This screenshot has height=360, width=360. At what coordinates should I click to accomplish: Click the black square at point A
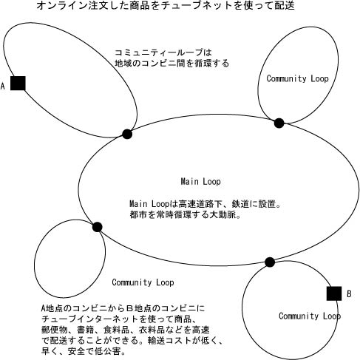coord(18,84)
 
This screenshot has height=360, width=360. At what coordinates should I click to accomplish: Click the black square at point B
coord(334,293)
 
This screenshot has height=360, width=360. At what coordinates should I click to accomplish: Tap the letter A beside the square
coord(3,86)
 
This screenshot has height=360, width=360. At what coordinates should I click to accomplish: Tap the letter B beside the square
coord(349,293)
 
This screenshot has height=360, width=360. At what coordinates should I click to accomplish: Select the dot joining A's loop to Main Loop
coord(127,134)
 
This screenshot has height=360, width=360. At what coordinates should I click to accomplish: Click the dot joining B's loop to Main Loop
coord(270,262)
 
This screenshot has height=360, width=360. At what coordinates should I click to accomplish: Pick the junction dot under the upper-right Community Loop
coord(279,123)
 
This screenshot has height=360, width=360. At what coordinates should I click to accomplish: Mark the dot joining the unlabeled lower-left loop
coord(98,227)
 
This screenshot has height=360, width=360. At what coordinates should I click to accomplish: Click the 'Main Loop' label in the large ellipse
coord(200,182)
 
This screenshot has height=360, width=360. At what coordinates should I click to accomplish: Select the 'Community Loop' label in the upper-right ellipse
coord(297,78)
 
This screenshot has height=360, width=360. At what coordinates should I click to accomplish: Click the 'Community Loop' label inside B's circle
coord(310,316)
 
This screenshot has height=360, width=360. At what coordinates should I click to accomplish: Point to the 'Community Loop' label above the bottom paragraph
coord(143,282)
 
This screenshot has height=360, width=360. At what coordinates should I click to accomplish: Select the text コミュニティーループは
coord(163,52)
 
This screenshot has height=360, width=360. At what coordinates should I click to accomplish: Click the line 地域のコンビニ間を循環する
coord(172,64)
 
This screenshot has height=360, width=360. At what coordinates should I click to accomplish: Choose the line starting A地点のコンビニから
coord(123,308)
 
